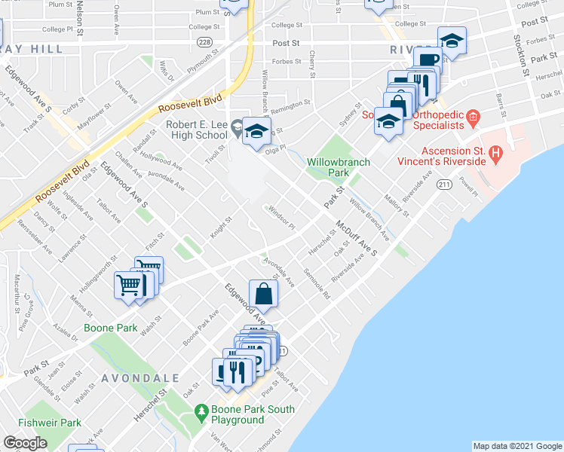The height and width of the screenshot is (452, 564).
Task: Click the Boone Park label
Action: pos(110,328)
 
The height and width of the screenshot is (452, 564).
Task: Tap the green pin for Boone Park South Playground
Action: pos(201,412)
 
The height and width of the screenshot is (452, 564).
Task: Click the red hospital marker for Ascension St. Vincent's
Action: pos(495,155)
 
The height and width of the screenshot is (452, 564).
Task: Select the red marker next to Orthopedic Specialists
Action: pos(473,117)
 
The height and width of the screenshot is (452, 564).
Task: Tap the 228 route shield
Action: pos(204,43)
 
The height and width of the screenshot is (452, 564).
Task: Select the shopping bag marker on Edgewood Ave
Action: pos(263,294)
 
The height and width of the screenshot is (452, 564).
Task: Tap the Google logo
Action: pos(26,443)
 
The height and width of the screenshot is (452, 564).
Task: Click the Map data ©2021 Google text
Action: pos(516,446)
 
